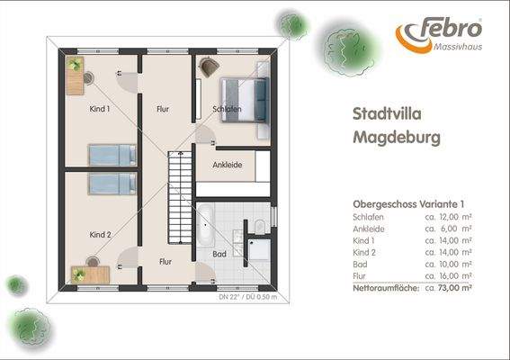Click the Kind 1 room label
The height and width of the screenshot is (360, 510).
click(x=100, y=110)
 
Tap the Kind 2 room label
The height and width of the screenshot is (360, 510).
click(x=100, y=234)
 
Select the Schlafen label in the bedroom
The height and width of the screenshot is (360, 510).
click(x=227, y=110)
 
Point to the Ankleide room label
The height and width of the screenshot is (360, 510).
click(x=227, y=166)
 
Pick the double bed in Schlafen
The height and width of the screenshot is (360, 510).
click(x=245, y=94)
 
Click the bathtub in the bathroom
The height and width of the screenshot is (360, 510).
click(x=205, y=225)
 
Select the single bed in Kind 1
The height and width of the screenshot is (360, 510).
click(x=110, y=155)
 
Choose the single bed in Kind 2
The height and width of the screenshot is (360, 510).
click(x=110, y=184)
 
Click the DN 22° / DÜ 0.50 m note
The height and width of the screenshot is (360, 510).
click(x=248, y=295)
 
